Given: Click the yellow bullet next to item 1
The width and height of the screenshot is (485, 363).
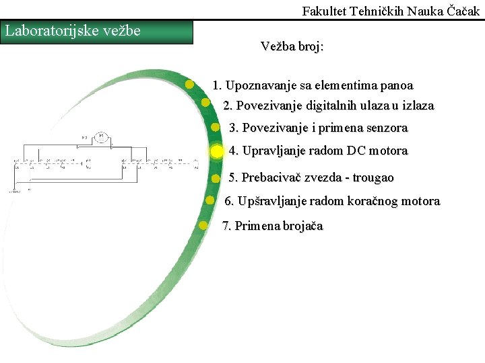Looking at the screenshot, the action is (x=191, y=84).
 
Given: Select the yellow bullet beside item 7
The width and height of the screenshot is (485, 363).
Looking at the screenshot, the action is (x=203, y=225).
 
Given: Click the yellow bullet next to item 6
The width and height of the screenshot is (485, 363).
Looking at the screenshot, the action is (x=209, y=200).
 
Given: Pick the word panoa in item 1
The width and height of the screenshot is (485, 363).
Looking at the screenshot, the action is (x=397, y=85).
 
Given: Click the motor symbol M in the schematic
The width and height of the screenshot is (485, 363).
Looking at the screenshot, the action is (x=101, y=137).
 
